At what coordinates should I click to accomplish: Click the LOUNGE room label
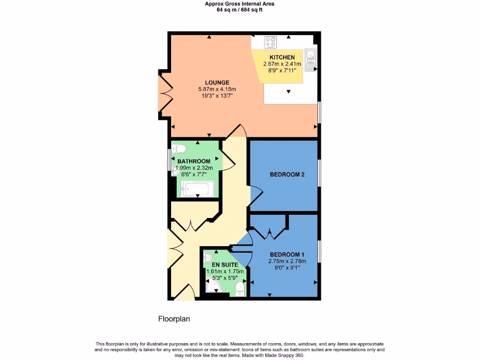[216, 82]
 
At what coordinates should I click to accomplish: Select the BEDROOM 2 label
[287, 175]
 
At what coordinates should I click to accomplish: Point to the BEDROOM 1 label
[287, 255]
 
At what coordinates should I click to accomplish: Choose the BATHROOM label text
[194, 162]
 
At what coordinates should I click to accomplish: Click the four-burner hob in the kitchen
[270, 43]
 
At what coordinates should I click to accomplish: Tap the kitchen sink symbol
[310, 60]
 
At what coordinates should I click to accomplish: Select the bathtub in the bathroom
[197, 189]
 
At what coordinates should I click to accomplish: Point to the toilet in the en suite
[240, 288]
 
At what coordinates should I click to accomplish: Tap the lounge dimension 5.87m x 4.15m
[216, 89]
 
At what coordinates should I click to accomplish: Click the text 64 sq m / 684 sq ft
[240, 9]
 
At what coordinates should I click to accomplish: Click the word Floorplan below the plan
[173, 319]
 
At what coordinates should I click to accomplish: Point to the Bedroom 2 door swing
[256, 196]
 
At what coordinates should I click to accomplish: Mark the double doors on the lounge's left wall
[165, 93]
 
